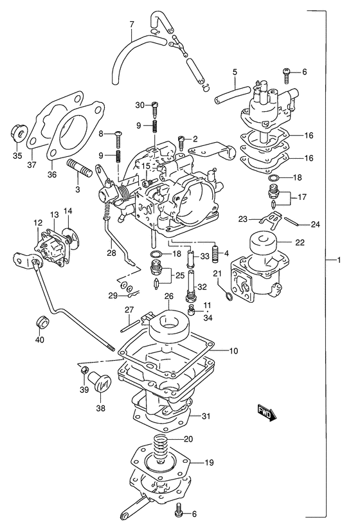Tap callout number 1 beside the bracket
click(339, 260)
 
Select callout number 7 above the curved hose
click(132, 24)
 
